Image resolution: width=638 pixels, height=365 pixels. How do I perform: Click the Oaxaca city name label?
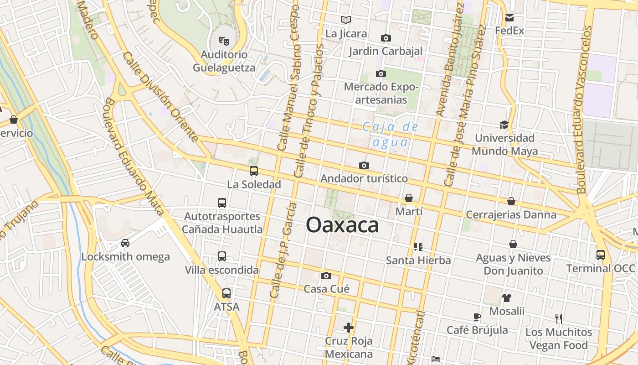point(342,225)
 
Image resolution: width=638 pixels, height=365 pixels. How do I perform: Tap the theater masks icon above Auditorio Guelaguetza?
point(224,41)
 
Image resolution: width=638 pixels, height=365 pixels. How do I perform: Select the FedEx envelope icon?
point(509,18)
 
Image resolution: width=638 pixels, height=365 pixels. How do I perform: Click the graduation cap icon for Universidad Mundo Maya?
point(504,125)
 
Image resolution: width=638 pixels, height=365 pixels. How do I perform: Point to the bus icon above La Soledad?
point(254,171)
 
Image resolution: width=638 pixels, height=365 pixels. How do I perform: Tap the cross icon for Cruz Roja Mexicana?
point(349,328)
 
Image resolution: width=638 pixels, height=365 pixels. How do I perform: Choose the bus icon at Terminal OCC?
point(601,255)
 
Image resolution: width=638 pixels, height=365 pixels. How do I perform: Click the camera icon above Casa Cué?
point(326,276)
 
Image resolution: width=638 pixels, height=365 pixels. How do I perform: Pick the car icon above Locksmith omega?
point(125,243)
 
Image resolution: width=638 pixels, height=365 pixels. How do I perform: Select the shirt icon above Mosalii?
point(507,298)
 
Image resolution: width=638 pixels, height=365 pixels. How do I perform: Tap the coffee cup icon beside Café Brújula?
point(477,317)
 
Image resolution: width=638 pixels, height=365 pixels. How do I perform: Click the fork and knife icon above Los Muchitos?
point(559,318)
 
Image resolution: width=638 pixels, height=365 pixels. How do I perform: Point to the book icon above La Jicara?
point(346,20)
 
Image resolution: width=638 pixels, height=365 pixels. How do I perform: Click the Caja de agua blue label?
point(391,135)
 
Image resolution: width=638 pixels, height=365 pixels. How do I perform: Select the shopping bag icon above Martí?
point(409,198)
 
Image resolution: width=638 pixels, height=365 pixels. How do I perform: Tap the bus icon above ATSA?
point(226,293)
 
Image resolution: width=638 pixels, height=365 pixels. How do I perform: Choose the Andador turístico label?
point(364,178)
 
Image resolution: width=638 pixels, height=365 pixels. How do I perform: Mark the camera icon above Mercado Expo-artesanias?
point(381,73)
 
